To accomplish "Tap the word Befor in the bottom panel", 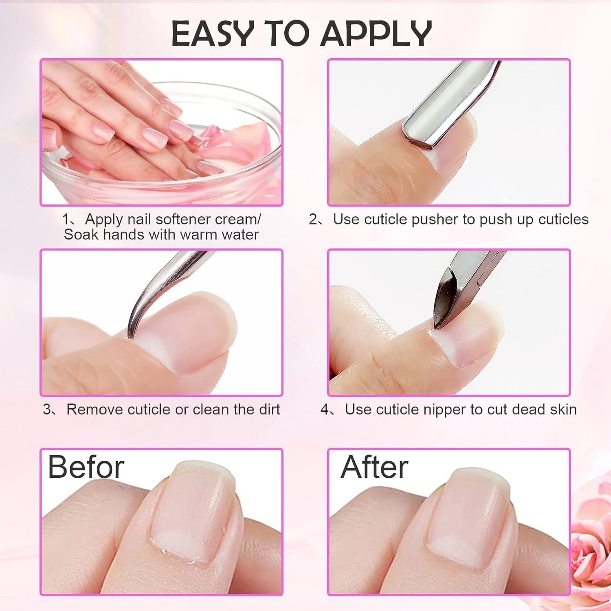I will (x=86, y=467).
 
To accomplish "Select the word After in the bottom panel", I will (x=374, y=467).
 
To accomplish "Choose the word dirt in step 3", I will (x=266, y=409).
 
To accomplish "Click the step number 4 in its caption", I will (x=325, y=409).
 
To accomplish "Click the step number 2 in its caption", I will (x=313, y=219).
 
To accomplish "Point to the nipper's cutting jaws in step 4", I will (x=444, y=310).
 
